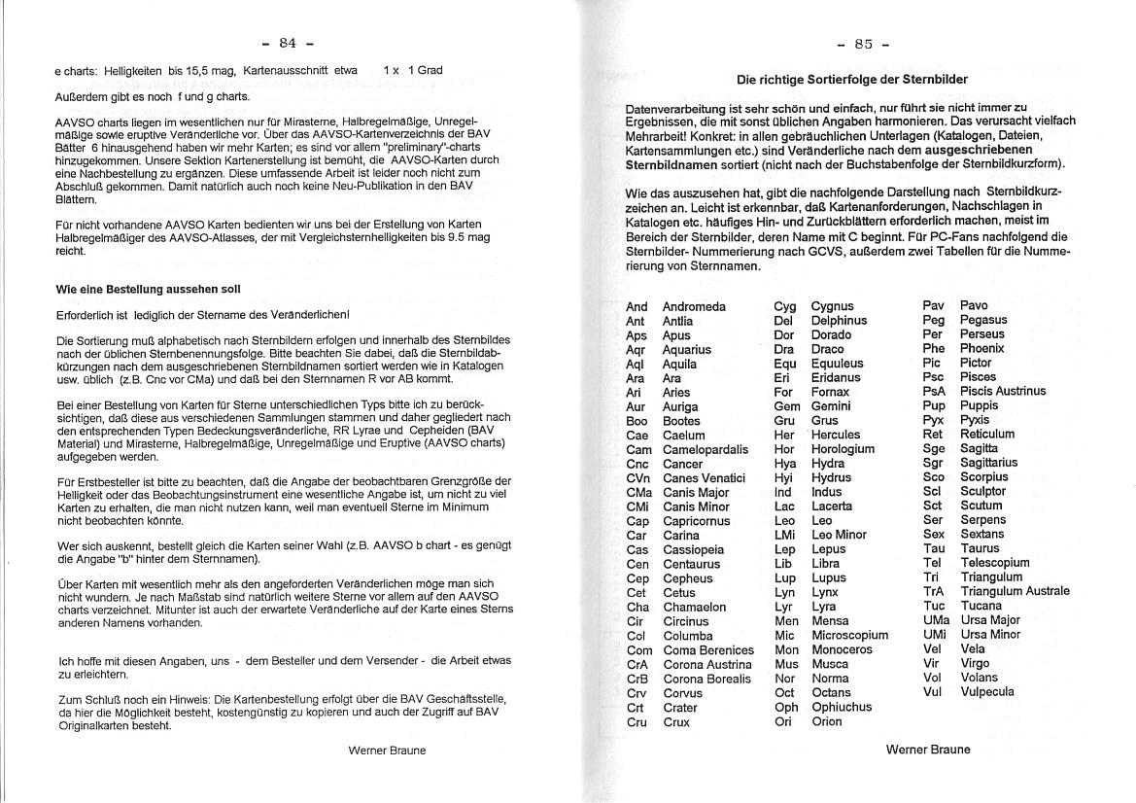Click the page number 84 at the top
point(288,43)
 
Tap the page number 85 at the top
point(864,44)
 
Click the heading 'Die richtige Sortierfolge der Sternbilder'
point(852,80)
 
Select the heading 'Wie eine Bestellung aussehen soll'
point(149,290)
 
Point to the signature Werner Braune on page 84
point(387,751)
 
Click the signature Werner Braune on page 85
point(928,750)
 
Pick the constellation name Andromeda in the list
point(694,307)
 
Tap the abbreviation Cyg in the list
point(785,307)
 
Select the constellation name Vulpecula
point(986,692)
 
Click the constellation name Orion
point(827,721)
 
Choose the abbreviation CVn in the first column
point(638,478)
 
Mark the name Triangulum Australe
point(1015,591)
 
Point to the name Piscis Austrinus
point(1003,391)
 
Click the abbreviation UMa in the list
point(936,620)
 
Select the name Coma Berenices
point(708,650)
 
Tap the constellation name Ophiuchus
point(842,707)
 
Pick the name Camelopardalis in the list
point(706,450)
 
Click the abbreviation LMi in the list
point(785,535)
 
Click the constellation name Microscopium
point(849,636)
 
